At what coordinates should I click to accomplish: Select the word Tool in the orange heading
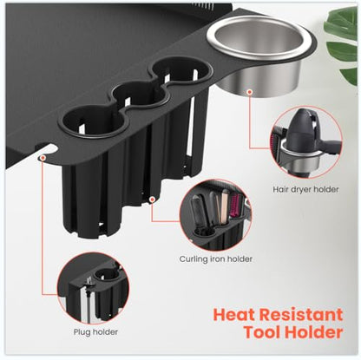(262, 332)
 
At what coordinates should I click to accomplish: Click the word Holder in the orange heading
(314, 332)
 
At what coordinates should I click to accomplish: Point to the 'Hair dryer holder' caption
(305, 189)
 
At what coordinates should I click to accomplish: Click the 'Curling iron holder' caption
(216, 259)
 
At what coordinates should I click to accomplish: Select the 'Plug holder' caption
(95, 331)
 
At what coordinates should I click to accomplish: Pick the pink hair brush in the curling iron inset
(237, 206)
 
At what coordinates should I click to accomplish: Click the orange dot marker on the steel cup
(250, 92)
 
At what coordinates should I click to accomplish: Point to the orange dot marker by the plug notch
(43, 158)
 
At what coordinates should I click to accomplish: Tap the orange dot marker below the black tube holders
(152, 200)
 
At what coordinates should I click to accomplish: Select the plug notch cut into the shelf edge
(46, 148)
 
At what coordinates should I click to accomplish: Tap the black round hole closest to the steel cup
(180, 69)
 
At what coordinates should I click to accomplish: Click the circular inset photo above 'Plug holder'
(93, 288)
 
